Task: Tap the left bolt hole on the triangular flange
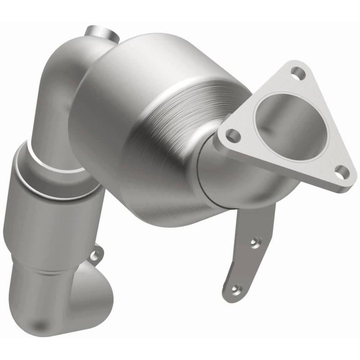pyautogui.click(x=232, y=134)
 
